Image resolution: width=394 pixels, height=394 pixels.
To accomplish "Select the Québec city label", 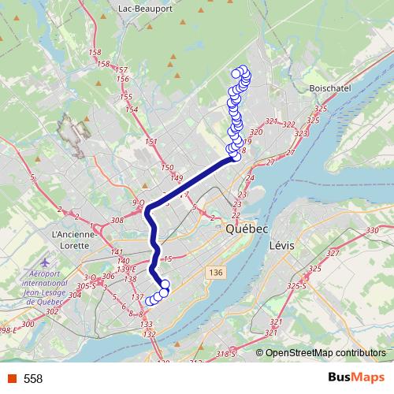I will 247,229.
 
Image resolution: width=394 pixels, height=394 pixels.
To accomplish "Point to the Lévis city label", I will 281,245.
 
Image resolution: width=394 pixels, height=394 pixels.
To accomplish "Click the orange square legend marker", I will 11,378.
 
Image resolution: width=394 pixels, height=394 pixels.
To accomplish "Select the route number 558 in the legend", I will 33,379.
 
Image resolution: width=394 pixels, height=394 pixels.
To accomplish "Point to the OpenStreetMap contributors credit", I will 325,352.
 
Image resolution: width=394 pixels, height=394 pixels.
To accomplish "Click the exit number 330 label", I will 372,230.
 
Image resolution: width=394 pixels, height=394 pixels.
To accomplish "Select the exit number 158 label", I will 95,53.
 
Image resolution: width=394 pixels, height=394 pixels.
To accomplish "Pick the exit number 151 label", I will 151,142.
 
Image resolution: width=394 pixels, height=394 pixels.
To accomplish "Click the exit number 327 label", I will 332,253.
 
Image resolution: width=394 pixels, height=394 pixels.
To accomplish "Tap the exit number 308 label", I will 118,221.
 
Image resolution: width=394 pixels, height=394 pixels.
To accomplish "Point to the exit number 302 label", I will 52,312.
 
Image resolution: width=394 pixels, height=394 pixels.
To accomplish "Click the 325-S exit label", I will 297,284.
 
